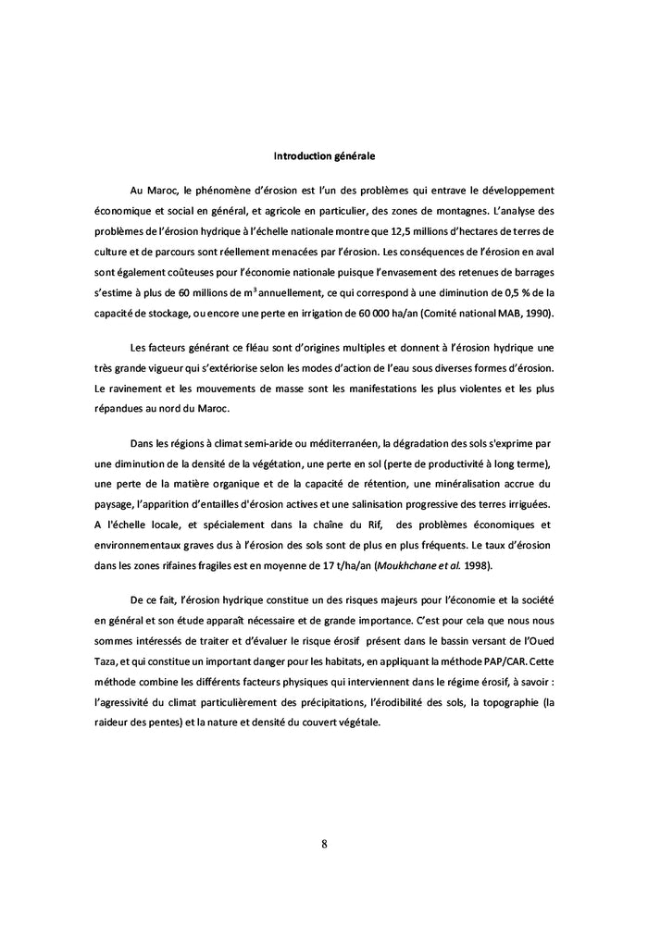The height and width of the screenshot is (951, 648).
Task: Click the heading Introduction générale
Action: pyautogui.click(x=323, y=155)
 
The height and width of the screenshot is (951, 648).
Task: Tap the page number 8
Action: pyautogui.click(x=324, y=843)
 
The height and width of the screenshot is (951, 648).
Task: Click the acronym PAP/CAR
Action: pyautogui.click(x=533, y=662)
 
